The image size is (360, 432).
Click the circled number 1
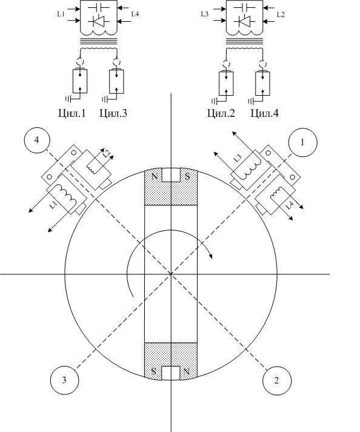coord(302,142)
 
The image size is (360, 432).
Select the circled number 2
coord(276,380)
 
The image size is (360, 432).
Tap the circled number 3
coord(64,380)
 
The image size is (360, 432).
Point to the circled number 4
coord(36,140)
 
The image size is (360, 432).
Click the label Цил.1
coord(72,113)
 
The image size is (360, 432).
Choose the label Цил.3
coord(113,113)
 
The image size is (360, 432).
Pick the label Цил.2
coord(221,113)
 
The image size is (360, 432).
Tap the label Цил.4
coord(264,113)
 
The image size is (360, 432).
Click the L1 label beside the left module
coord(61,14)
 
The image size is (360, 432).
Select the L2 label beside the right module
coord(281,15)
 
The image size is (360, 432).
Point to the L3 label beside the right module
coord(204,14)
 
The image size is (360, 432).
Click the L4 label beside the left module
coord(135,14)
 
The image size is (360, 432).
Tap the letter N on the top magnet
coord(155,176)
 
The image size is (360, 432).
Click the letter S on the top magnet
coord(187,176)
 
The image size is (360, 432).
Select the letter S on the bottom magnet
coord(154,371)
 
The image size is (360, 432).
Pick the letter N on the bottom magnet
coord(187,371)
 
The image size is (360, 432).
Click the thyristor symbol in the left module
coord(98,21)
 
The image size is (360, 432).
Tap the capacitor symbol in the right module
coord(244,7)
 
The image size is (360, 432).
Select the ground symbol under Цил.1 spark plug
coord(68,99)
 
